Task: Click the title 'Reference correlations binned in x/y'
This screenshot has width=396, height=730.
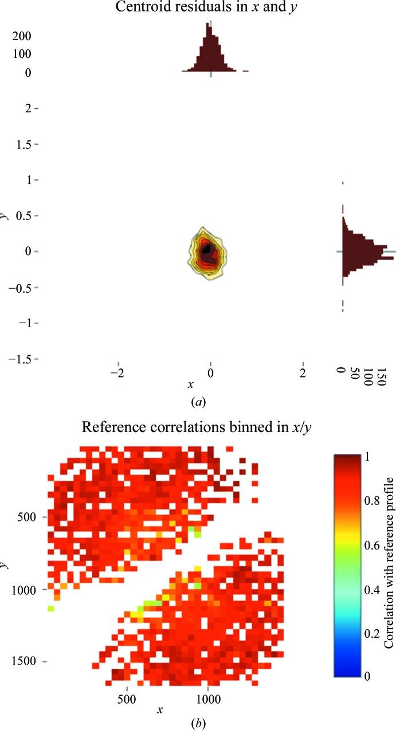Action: tap(197, 427)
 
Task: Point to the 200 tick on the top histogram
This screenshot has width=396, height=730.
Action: tap(22, 36)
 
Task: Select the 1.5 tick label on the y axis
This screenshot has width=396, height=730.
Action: tap(21, 144)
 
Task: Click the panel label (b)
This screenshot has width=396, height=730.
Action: tap(198, 723)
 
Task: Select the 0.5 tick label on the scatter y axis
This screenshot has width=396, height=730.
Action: tap(21, 216)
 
